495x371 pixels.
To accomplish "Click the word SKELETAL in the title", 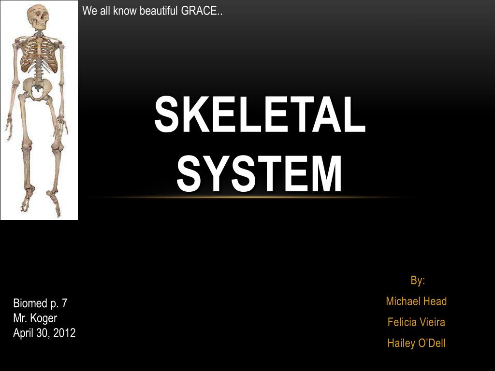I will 260,114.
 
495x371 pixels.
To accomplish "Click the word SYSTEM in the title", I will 260,172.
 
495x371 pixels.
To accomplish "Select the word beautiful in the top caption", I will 159,11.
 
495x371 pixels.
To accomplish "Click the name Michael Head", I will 416,301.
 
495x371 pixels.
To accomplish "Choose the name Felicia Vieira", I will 416,322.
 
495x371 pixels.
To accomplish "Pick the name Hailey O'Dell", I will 416,343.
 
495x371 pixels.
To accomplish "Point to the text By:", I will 418,281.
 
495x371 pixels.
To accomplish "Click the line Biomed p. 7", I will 40,304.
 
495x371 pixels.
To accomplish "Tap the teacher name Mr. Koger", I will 35,318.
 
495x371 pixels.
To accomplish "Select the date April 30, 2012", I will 44,333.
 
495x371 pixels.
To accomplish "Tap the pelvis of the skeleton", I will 37,88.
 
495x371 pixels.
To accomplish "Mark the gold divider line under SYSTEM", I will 251,197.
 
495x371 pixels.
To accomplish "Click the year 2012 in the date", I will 64,333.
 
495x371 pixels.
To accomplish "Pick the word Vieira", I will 431,322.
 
